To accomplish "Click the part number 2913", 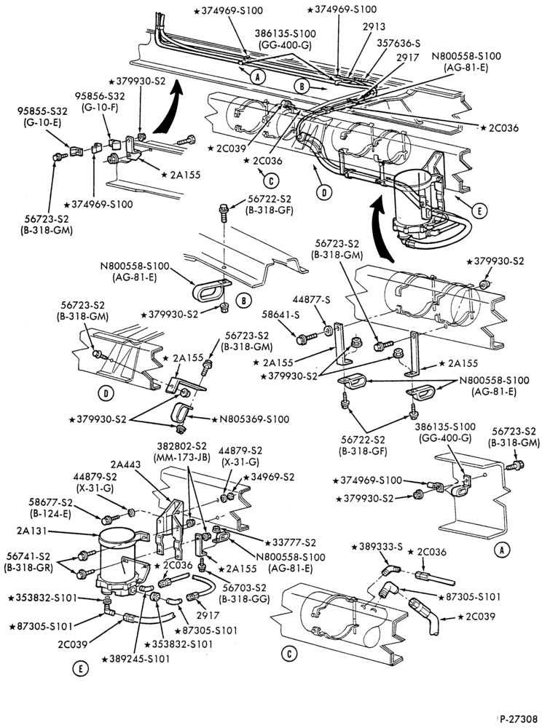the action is pos(374,26).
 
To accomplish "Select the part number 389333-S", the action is pos(384,547).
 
